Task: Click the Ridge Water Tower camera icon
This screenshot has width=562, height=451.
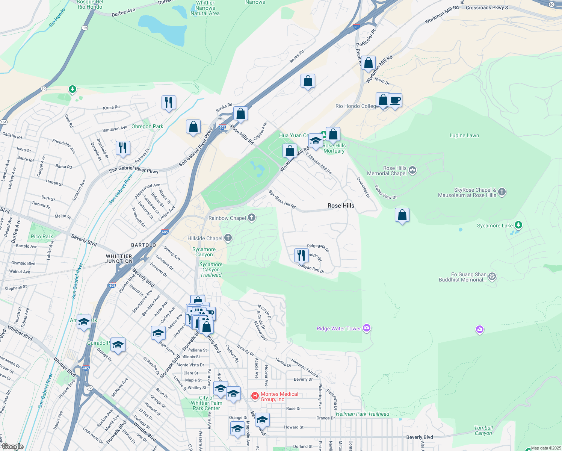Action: point(367,328)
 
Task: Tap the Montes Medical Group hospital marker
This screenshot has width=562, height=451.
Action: point(255,396)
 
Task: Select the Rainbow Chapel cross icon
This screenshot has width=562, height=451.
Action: point(252,218)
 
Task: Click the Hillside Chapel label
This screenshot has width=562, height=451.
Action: point(205,238)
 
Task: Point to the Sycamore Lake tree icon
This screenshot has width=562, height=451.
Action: point(518,225)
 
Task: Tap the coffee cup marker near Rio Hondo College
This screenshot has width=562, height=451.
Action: point(395,101)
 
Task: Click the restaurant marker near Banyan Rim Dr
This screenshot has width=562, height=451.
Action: point(301,255)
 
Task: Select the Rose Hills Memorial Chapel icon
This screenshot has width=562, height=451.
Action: point(412,170)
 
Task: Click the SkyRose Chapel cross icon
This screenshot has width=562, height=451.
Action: point(502,192)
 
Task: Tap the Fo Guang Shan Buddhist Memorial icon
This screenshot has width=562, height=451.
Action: point(492,277)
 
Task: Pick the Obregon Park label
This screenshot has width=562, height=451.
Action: point(147,126)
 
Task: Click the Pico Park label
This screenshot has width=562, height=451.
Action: point(42,236)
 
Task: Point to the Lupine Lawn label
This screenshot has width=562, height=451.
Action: point(464,135)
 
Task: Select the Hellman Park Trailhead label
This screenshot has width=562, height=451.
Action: point(363,414)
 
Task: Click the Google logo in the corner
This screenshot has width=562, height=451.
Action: point(12,446)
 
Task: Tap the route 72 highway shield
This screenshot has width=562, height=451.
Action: point(89,387)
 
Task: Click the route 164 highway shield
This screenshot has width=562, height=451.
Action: point(4,122)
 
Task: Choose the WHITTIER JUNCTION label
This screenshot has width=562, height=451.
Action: point(119,259)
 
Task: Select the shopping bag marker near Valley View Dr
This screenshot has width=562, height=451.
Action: point(402,215)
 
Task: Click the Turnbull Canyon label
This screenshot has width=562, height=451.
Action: point(483,430)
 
